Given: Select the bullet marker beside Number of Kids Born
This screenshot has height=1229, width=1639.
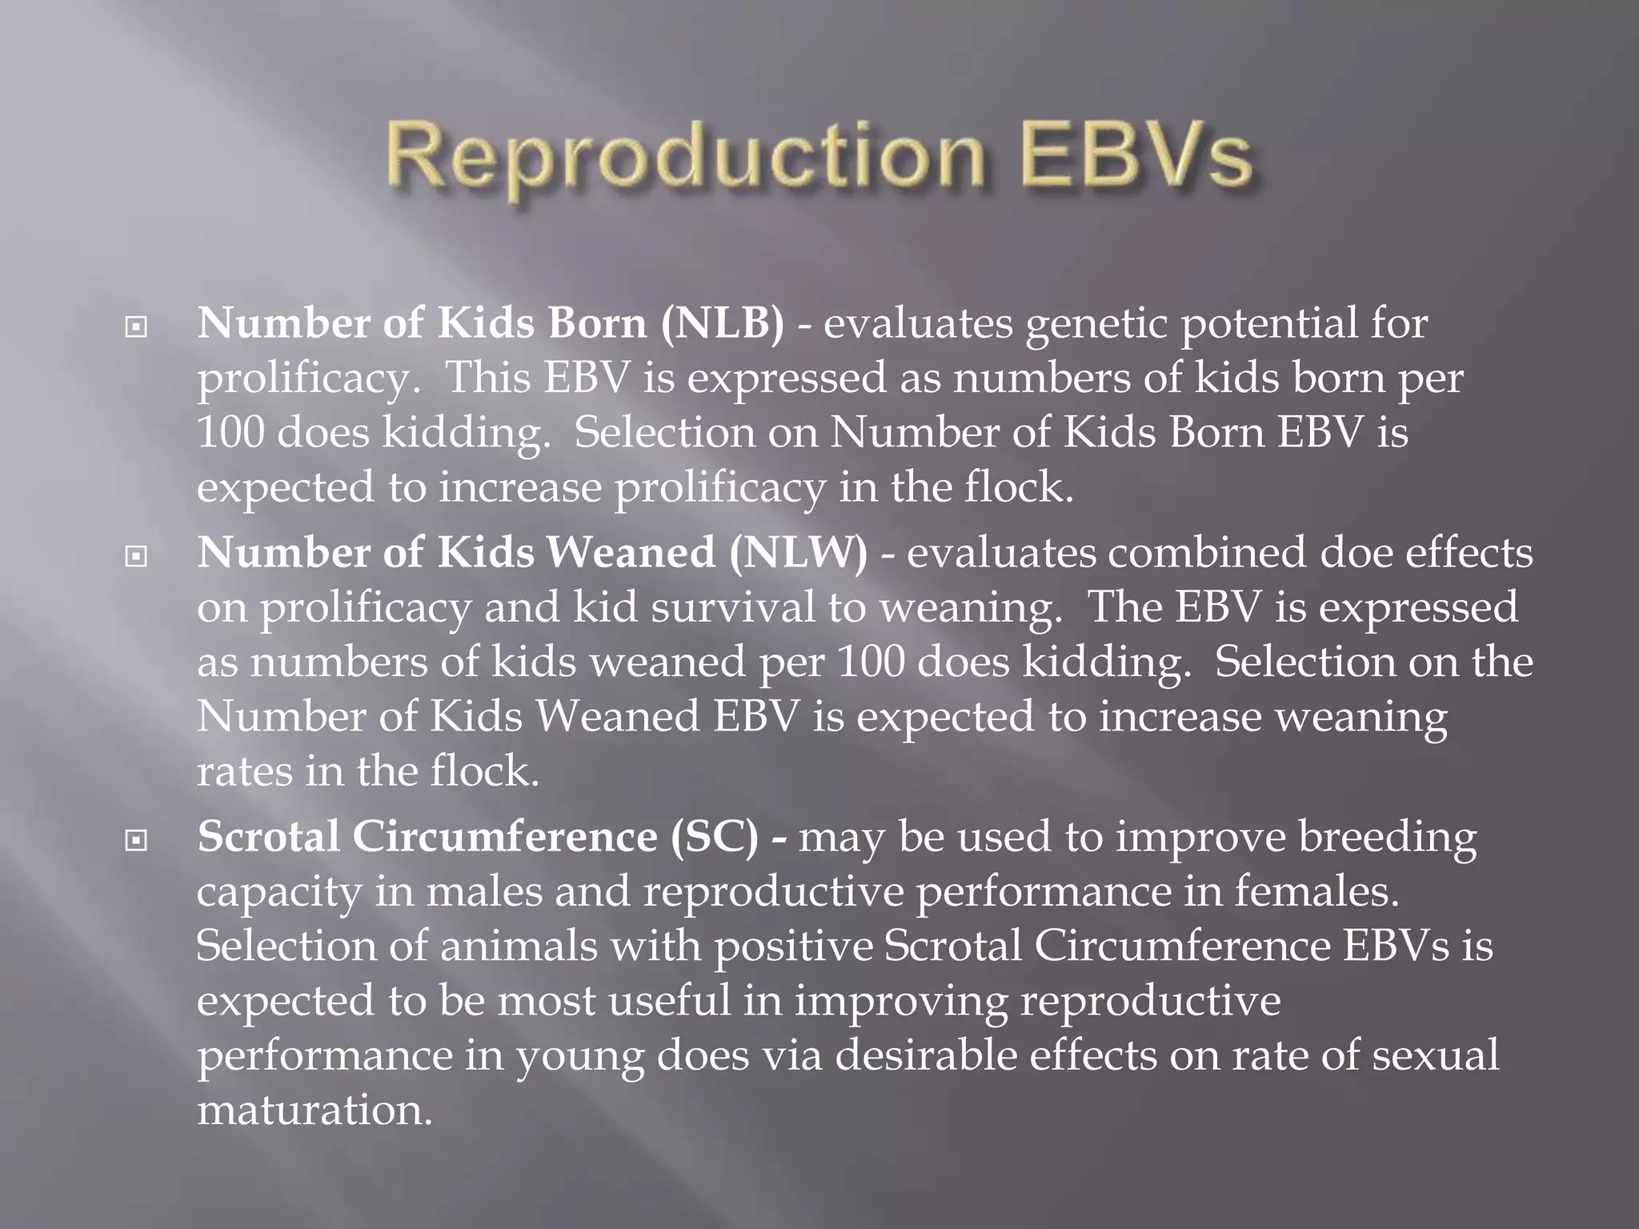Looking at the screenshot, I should click(x=137, y=326).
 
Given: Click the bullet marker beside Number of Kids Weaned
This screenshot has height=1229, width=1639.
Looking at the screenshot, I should click(x=137, y=555).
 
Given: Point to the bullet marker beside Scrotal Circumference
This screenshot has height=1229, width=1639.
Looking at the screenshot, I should click(x=137, y=839).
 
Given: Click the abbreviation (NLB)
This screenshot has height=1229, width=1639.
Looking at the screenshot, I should click(x=723, y=324).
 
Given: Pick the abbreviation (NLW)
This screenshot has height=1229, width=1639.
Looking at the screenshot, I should click(x=798, y=553).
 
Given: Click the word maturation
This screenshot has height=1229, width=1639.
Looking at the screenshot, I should click(x=315, y=1111).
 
